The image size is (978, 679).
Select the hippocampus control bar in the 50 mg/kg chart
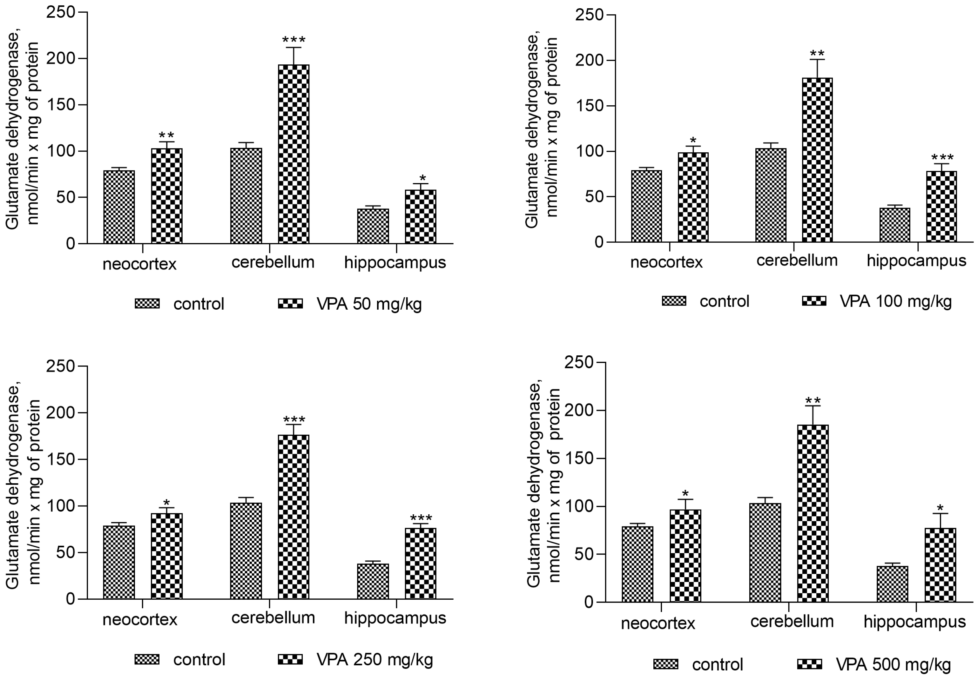pos(373,226)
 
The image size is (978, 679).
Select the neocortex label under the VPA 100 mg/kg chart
pos(666,262)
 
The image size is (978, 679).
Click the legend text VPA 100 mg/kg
pos(895,301)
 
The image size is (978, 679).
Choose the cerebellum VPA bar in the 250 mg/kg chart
pos(293,517)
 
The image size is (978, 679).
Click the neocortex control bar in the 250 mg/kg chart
pos(119,562)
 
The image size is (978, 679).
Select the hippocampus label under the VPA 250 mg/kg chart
pos(395,618)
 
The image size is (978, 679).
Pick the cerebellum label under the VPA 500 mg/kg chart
pos(792,622)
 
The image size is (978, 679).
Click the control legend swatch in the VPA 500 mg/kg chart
pos(665,664)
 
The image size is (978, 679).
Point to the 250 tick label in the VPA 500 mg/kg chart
pos(579,362)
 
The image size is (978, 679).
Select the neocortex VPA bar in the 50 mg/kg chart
pos(166,196)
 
